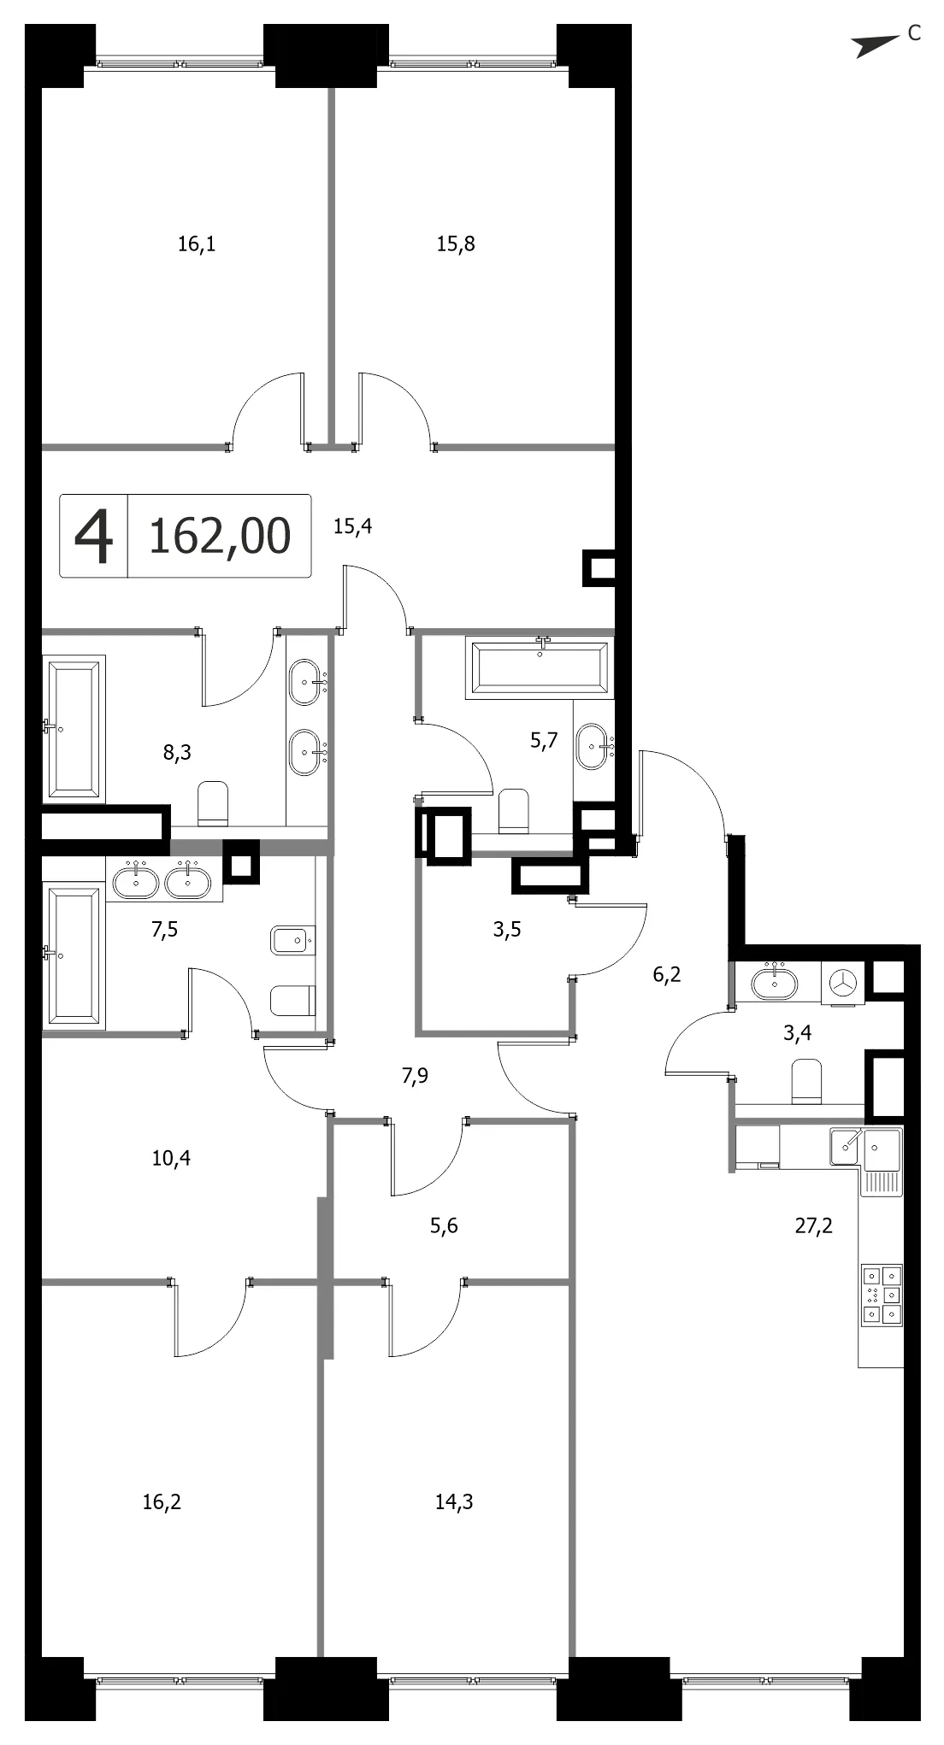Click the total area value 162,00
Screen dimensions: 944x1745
click(x=220, y=536)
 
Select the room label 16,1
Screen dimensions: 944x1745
click(x=197, y=244)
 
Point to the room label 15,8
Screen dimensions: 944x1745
click(x=456, y=244)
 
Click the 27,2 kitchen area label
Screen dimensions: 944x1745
click(x=813, y=1226)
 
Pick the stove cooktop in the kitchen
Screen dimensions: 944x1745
click(x=882, y=1294)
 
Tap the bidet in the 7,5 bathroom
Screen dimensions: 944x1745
click(x=293, y=943)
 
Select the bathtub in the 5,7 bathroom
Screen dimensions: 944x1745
click(x=540, y=667)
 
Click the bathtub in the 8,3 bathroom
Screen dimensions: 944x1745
click(x=74, y=729)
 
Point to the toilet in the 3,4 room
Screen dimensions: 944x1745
click(x=806, y=1081)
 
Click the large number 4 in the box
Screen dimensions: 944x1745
click(x=93, y=536)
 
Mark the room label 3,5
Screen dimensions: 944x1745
click(x=507, y=930)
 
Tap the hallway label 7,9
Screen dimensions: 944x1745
click(x=415, y=1076)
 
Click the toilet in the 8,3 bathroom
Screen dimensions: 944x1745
click(x=213, y=804)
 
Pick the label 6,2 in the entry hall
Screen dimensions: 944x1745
click(x=667, y=974)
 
